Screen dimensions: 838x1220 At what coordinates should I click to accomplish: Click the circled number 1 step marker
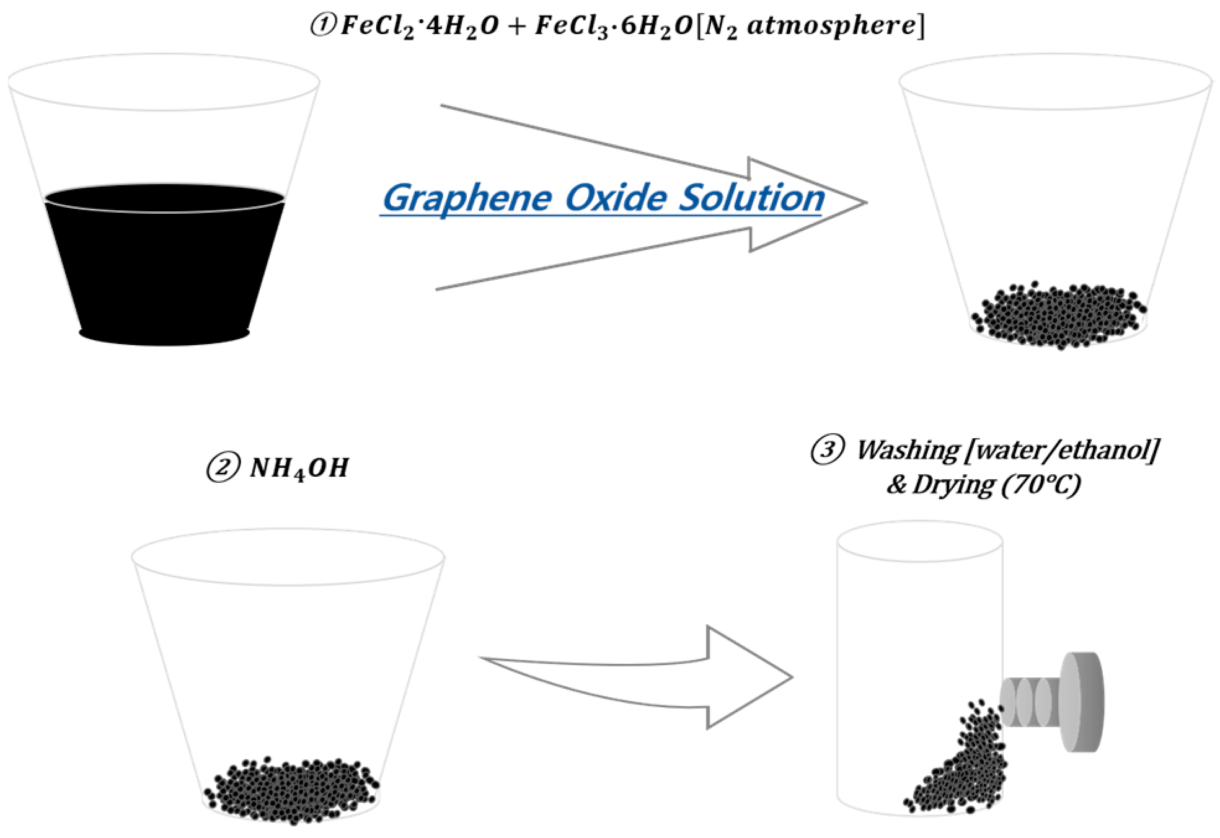(x=322, y=25)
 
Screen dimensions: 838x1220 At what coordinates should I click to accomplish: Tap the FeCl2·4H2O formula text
(x=419, y=27)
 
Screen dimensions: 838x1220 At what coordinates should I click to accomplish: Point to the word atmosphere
(x=830, y=25)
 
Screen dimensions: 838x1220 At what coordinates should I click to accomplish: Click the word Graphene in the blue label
(x=467, y=198)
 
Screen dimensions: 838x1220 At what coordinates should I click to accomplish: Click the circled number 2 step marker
(x=222, y=467)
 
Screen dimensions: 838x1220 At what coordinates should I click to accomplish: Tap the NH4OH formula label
(x=299, y=469)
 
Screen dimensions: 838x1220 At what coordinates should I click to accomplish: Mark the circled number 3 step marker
(x=827, y=449)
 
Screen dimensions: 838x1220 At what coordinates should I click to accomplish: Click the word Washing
(x=908, y=451)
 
